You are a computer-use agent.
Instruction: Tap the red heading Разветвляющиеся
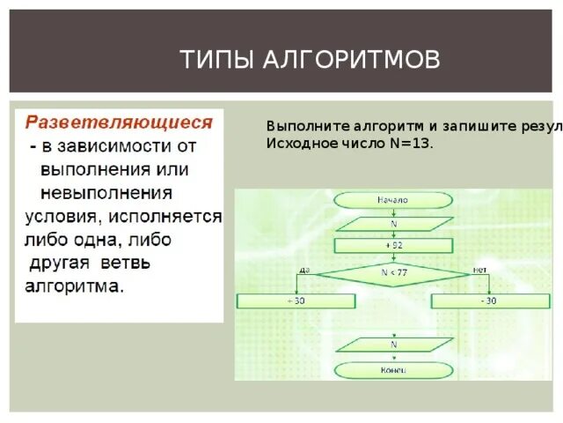[119, 121]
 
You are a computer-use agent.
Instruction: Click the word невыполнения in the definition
[106, 192]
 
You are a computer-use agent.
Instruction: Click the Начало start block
[393, 200]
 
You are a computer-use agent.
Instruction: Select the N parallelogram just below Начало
[393, 224]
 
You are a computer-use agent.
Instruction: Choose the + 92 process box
[393, 245]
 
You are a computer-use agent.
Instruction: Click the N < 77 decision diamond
[393, 272]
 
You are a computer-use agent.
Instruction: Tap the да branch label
[304, 269]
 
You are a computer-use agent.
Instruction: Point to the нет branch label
[480, 269]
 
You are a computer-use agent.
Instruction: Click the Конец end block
[393, 370]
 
